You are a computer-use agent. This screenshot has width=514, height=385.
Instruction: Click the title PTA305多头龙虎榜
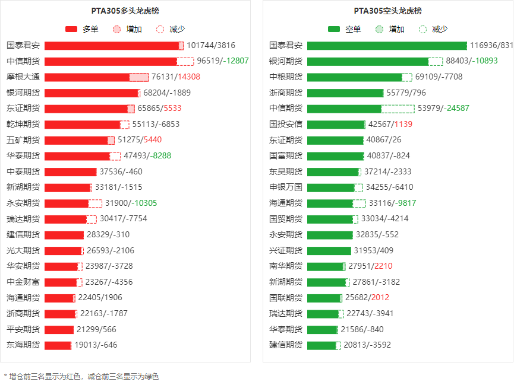click(125, 11)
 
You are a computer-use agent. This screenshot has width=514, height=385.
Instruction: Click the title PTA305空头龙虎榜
click(387, 11)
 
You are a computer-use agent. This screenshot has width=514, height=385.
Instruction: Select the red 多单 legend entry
click(81, 29)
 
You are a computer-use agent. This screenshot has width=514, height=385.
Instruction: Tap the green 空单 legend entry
click(344, 29)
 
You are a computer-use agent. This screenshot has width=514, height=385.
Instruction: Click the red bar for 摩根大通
click(87, 77)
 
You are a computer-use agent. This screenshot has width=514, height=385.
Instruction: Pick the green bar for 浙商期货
click(345, 93)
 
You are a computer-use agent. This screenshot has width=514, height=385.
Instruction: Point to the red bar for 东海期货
click(58, 345)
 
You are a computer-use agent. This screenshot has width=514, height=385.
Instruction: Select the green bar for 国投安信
click(336, 125)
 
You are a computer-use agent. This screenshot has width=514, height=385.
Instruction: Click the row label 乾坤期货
click(23, 125)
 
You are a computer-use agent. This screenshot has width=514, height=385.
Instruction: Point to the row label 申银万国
click(286, 187)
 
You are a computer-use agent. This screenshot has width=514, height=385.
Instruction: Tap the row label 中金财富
click(23, 282)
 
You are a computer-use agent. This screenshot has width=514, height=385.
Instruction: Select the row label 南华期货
click(286, 266)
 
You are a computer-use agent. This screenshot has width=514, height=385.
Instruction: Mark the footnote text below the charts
click(81, 376)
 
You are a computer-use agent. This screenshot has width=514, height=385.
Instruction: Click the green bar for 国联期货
click(324, 298)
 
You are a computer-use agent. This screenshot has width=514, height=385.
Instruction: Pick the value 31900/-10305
click(131, 203)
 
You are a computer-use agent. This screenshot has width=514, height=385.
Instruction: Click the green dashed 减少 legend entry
click(433, 29)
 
